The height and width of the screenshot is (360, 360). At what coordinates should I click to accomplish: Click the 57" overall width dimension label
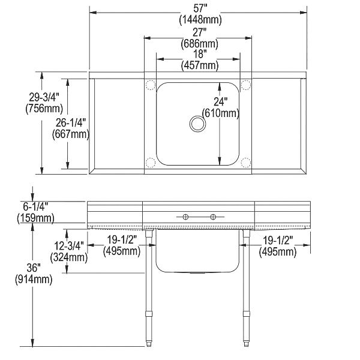click(x=200, y=9)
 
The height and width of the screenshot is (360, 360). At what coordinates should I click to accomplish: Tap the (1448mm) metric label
click(x=200, y=20)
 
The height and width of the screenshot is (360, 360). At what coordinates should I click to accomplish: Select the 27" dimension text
click(x=199, y=32)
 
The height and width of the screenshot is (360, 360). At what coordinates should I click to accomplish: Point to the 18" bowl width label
click(x=200, y=54)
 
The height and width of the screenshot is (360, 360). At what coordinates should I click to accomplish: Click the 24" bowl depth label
click(x=221, y=102)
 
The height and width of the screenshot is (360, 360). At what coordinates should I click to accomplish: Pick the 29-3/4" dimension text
click(x=44, y=97)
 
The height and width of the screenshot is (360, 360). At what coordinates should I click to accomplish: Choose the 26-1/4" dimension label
click(x=71, y=123)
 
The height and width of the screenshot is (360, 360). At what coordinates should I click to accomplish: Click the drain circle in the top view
click(x=197, y=124)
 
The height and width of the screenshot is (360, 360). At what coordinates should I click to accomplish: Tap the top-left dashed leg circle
click(x=151, y=85)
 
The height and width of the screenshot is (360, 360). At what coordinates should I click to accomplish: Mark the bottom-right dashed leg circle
click(x=245, y=163)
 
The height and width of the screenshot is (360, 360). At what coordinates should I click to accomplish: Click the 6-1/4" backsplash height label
click(x=35, y=206)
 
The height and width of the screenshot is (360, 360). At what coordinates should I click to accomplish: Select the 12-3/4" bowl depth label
click(x=69, y=246)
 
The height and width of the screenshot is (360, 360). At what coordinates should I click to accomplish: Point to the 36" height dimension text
click(x=34, y=268)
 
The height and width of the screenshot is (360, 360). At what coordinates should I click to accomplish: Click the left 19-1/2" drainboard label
click(x=122, y=240)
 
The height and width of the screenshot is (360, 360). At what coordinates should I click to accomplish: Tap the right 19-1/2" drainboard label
click(x=278, y=241)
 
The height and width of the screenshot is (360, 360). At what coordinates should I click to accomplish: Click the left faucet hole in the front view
click(x=185, y=217)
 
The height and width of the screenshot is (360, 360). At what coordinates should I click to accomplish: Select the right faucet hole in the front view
click(x=213, y=217)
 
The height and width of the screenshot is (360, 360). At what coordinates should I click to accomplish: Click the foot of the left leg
click(x=149, y=343)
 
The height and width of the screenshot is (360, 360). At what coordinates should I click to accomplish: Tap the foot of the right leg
click(x=247, y=343)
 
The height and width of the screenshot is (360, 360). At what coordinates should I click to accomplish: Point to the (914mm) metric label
click(x=34, y=280)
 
